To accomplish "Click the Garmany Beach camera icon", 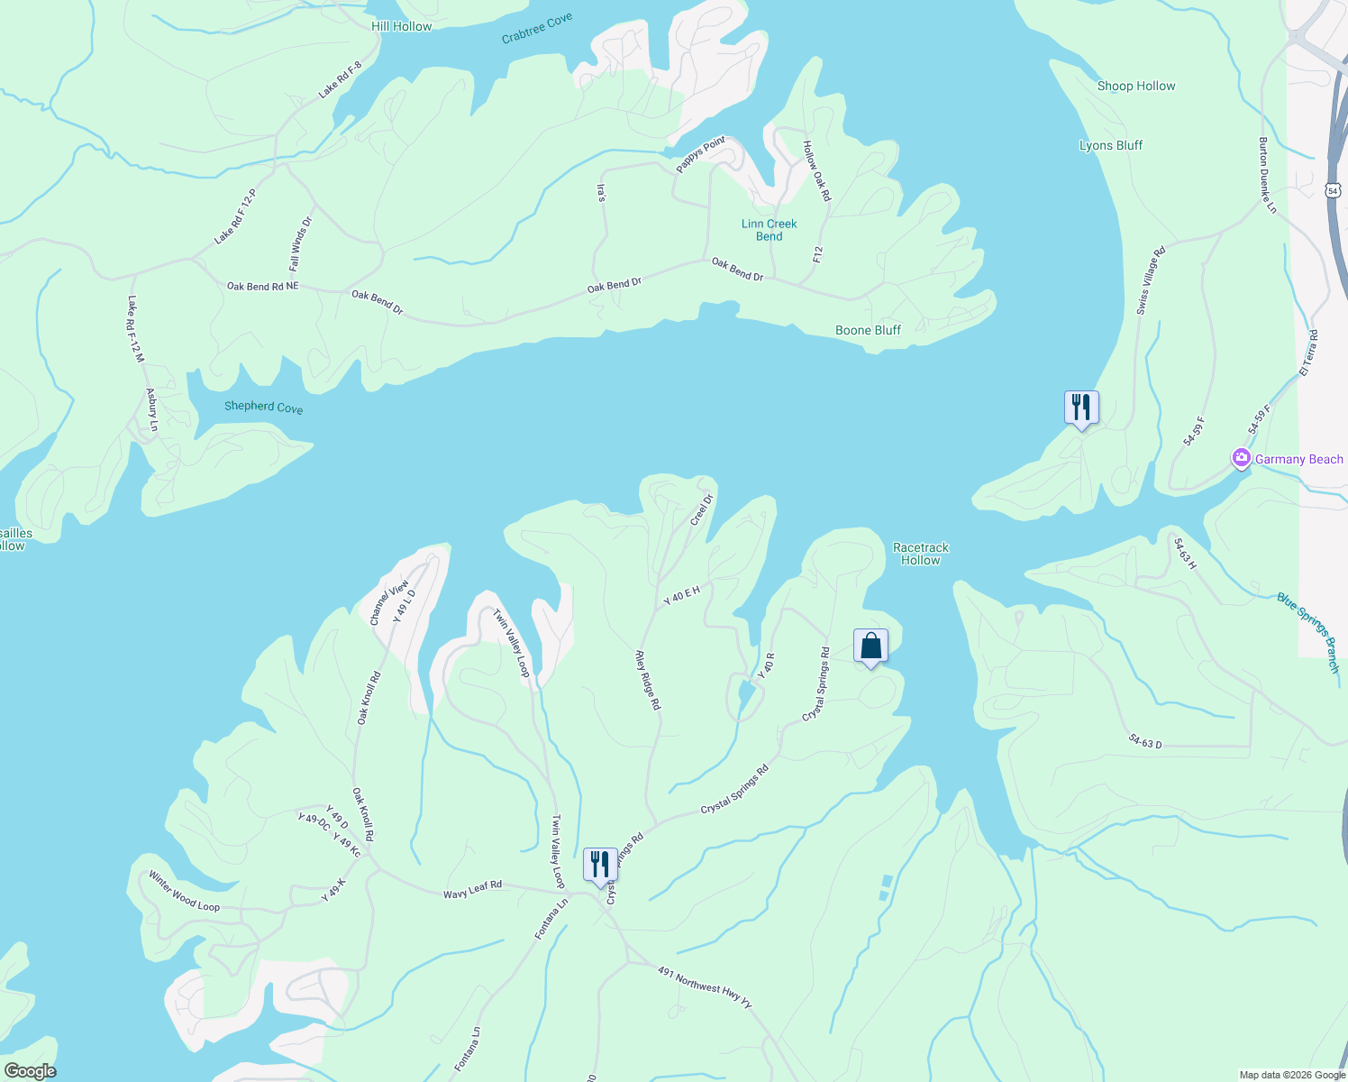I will pos(1242,459).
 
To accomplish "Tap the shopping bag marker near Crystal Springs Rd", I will pos(870,646).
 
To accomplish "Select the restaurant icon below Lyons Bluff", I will pos(1081,408).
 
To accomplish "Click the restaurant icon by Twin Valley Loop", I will pos(600,865).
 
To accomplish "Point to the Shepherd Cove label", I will pos(263,407).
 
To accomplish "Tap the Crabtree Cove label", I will pos(537,28).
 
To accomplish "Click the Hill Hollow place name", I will pos(401,26).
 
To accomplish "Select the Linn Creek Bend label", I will pos(769,230).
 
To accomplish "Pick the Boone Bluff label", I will pos(868,330).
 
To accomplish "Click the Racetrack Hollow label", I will pos(921,554).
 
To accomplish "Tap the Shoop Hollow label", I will pos(1136,87).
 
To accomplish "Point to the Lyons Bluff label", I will pos(1111,145).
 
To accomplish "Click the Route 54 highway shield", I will pos(1334,190).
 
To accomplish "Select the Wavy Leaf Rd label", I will pos(472,890).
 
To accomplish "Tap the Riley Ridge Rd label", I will pos(648,680).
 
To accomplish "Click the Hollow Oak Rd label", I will pos(817,170).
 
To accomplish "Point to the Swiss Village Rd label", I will pos(1151,280).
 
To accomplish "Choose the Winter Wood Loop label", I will pos(184,891).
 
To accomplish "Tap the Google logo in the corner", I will pos(30,1071).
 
